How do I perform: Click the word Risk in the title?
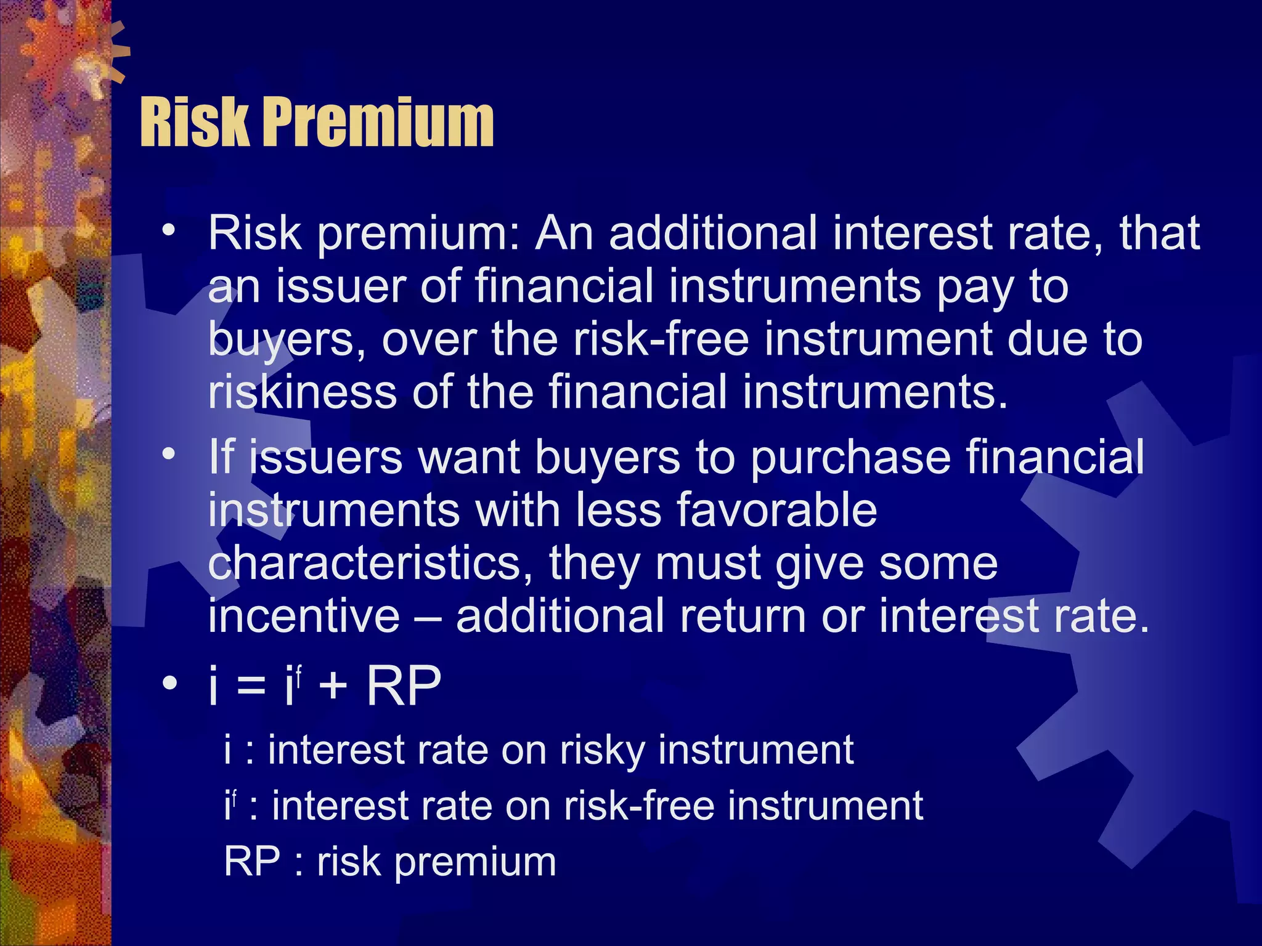(195, 123)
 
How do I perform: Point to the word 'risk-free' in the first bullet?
(661, 339)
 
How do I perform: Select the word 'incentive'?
(304, 616)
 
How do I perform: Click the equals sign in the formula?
(251, 687)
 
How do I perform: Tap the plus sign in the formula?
(333, 687)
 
